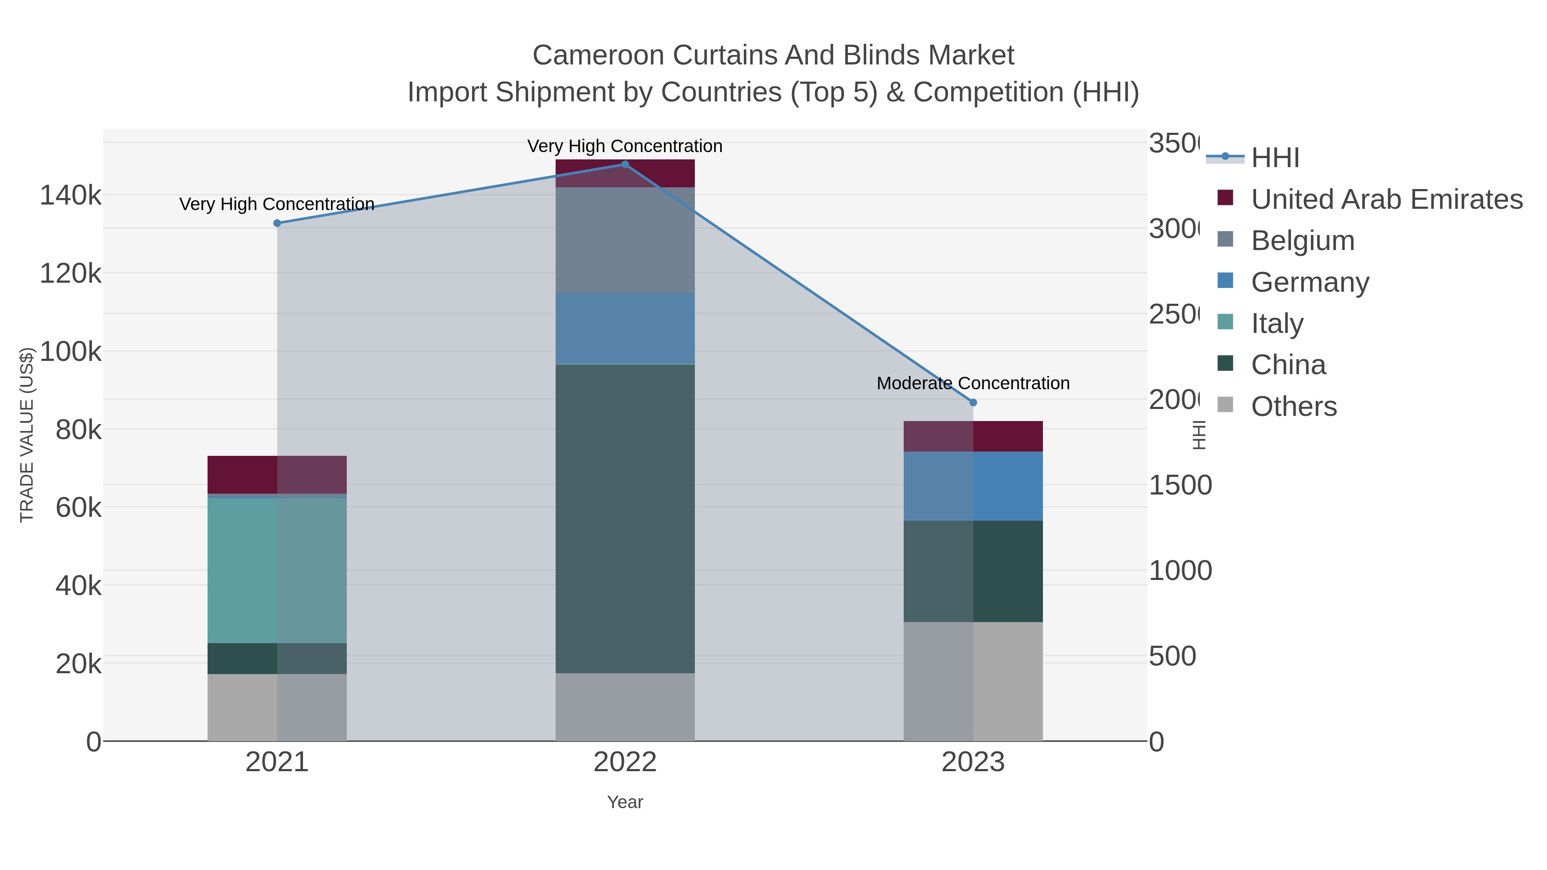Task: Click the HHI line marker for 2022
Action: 624,165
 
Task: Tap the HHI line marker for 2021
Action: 277,223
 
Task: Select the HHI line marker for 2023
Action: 973,402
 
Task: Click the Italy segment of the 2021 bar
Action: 277,571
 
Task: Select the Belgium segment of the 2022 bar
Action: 624,240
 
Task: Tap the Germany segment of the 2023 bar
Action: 973,486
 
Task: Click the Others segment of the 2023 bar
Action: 973,681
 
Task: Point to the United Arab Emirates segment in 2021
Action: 277,475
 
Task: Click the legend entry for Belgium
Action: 1302,241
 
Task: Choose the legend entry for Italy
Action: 1277,324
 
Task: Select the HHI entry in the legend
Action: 1275,158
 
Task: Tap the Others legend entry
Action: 1293,406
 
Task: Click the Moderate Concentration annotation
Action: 973,383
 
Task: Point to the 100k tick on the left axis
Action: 71,352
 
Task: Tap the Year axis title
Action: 624,802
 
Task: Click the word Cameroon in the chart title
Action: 598,55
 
